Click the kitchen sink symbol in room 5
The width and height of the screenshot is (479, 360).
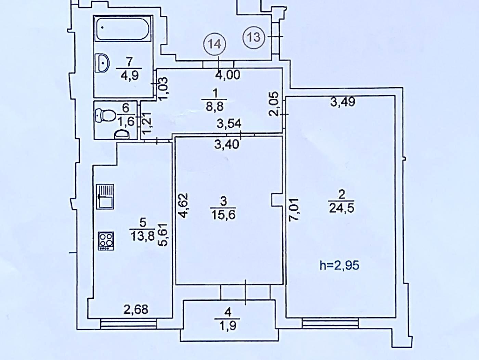(105, 196)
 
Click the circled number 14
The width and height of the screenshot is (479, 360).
(215, 44)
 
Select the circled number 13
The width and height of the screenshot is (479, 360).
(254, 37)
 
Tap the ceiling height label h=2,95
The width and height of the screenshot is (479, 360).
(339, 265)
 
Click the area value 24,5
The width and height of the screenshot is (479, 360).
(341, 208)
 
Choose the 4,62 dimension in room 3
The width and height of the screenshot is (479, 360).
(184, 205)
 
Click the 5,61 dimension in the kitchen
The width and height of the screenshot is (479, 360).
(164, 234)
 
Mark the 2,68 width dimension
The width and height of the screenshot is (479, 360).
(136, 309)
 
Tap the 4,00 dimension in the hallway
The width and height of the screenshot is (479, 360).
(227, 75)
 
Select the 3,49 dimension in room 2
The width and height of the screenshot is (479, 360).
(343, 102)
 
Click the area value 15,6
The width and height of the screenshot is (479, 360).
(223, 215)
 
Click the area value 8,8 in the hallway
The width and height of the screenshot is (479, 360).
(215, 106)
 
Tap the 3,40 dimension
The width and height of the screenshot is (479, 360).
(226, 144)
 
